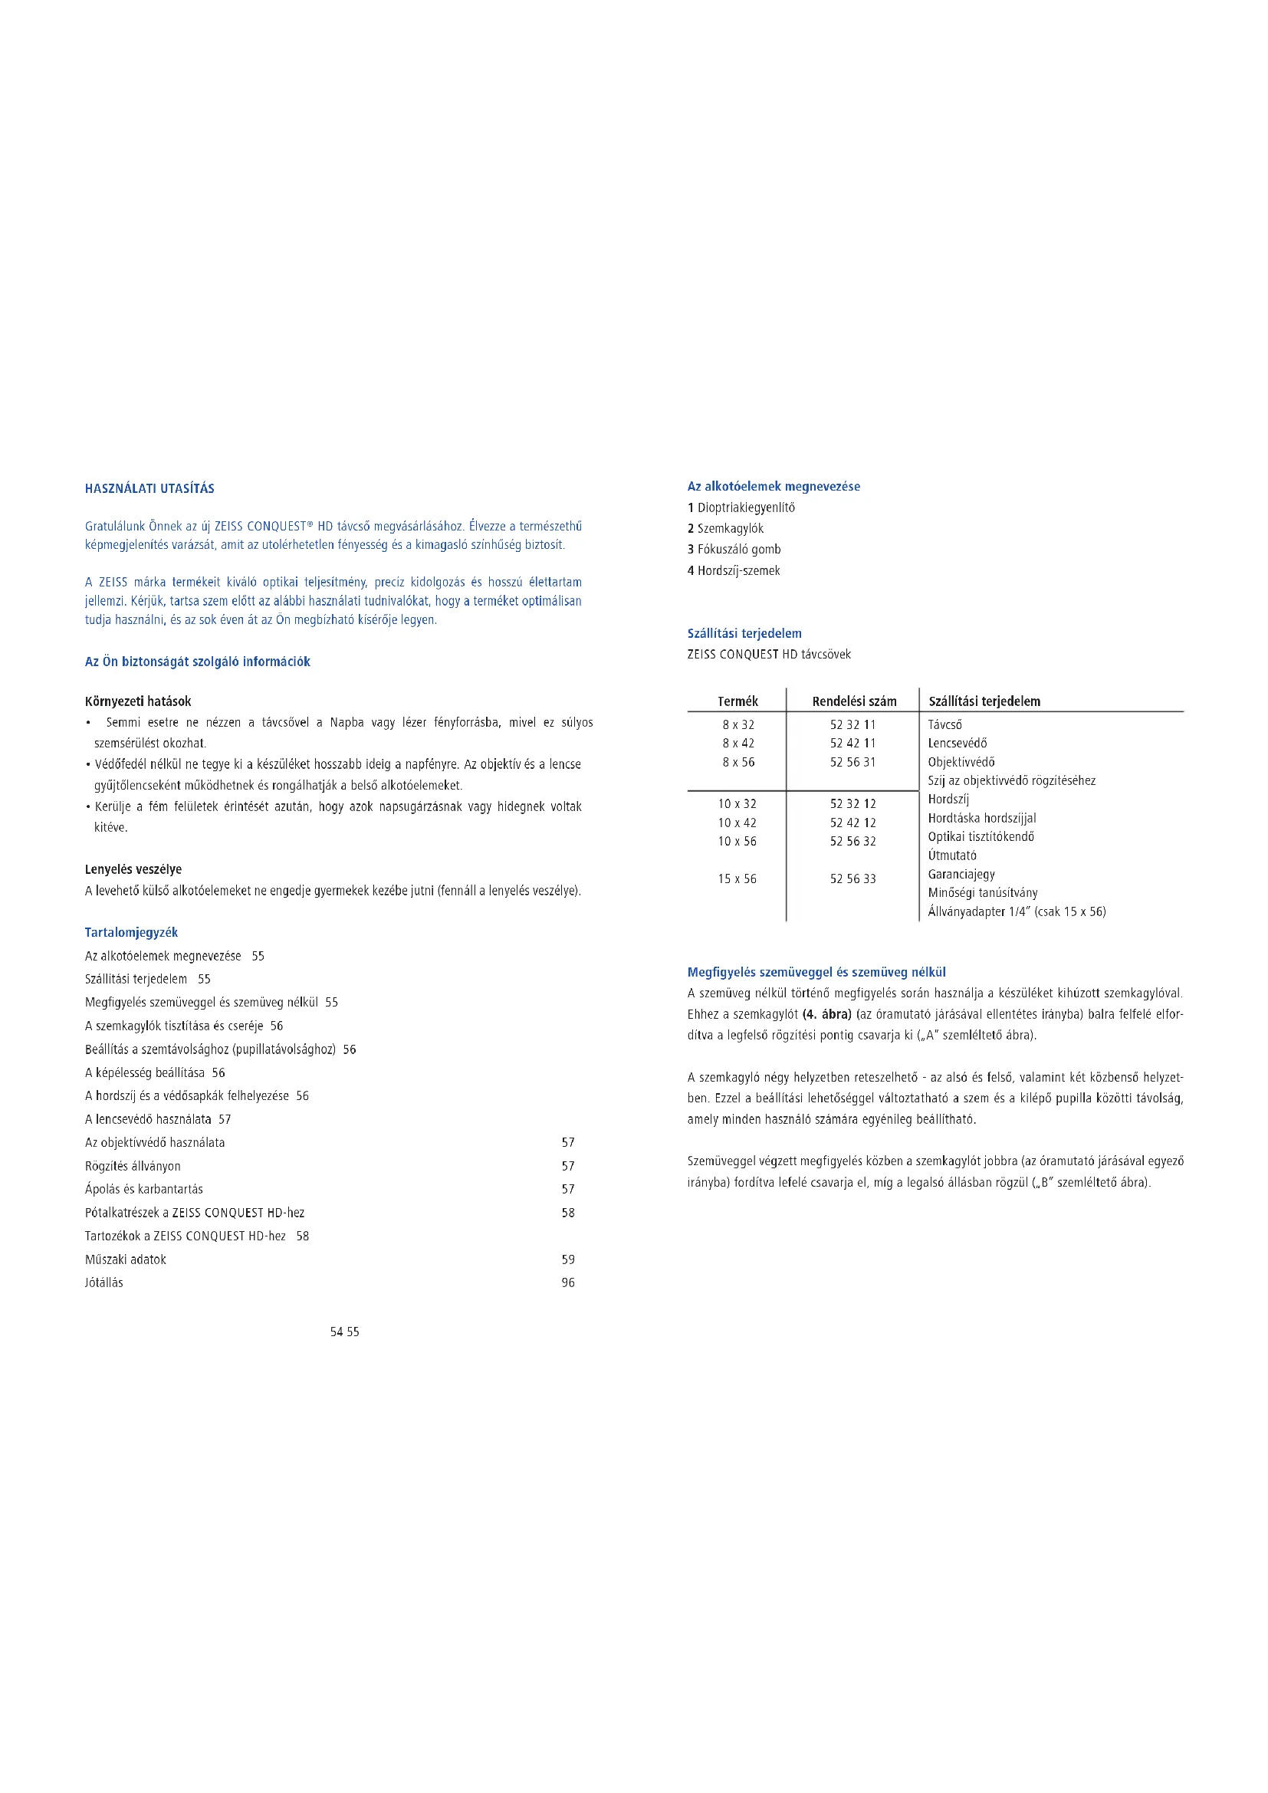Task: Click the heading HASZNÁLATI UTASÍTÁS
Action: (149, 489)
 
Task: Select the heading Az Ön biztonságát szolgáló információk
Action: (198, 662)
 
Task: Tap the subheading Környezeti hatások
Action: (137, 701)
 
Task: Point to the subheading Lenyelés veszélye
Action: (133, 869)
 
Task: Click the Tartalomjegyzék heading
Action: (131, 932)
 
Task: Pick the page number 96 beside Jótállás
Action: (567, 1282)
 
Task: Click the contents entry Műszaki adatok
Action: (125, 1259)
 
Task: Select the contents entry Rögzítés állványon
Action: (133, 1166)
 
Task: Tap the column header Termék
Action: (737, 701)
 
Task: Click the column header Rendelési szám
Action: (853, 701)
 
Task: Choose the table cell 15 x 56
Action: (737, 878)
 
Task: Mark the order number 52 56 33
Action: (852, 878)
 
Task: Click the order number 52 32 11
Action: (852, 724)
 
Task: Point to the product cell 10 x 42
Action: (737, 823)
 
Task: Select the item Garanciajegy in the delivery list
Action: (961, 874)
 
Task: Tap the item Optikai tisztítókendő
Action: (981, 836)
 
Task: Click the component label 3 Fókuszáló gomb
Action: (734, 549)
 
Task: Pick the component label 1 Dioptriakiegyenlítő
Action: (741, 507)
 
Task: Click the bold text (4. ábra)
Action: (826, 1014)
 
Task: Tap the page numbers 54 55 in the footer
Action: (344, 1332)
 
